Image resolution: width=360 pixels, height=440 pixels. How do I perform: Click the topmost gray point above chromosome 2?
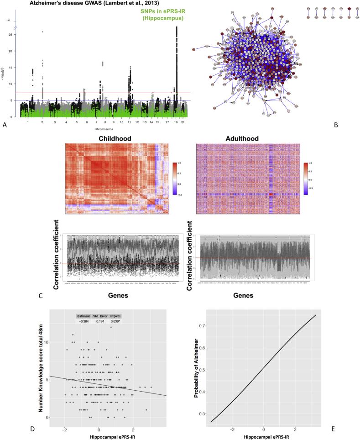pyautogui.click(x=42, y=31)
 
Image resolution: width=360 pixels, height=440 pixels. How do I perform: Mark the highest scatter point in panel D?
pyautogui.click(x=110, y=327)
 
